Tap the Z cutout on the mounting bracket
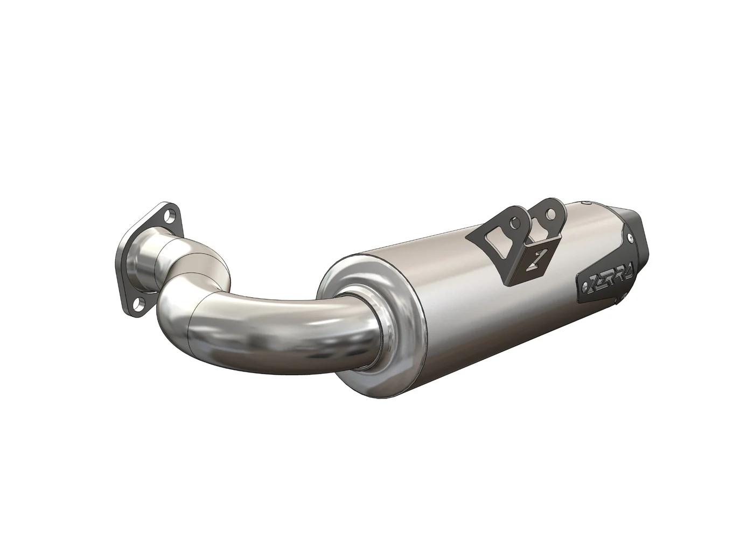[x=538, y=261]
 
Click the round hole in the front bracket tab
[x=516, y=222]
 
